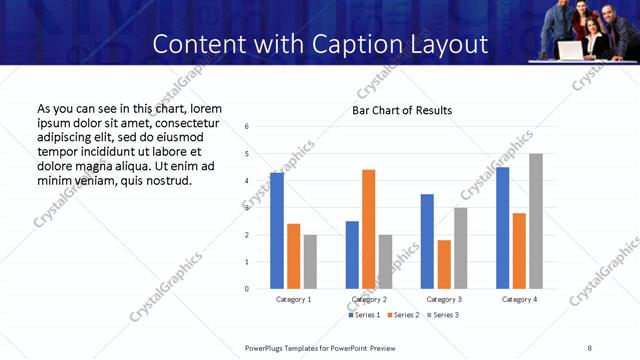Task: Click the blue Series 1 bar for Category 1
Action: click(x=277, y=231)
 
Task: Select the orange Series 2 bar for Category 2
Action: click(x=368, y=229)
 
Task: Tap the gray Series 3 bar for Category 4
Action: click(x=536, y=221)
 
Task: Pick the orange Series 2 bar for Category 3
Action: click(x=444, y=264)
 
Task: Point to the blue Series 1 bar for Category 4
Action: click(x=502, y=228)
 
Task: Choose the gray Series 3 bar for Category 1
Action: click(x=310, y=262)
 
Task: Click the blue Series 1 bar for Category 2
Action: click(x=352, y=255)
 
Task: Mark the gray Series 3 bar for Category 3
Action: click(x=460, y=248)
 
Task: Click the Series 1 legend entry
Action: click(x=365, y=315)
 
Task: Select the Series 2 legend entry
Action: click(x=402, y=315)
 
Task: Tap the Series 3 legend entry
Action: click(x=443, y=315)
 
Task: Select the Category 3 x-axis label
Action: click(x=444, y=299)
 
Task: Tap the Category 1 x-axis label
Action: click(x=293, y=299)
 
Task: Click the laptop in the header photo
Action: click(x=571, y=49)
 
